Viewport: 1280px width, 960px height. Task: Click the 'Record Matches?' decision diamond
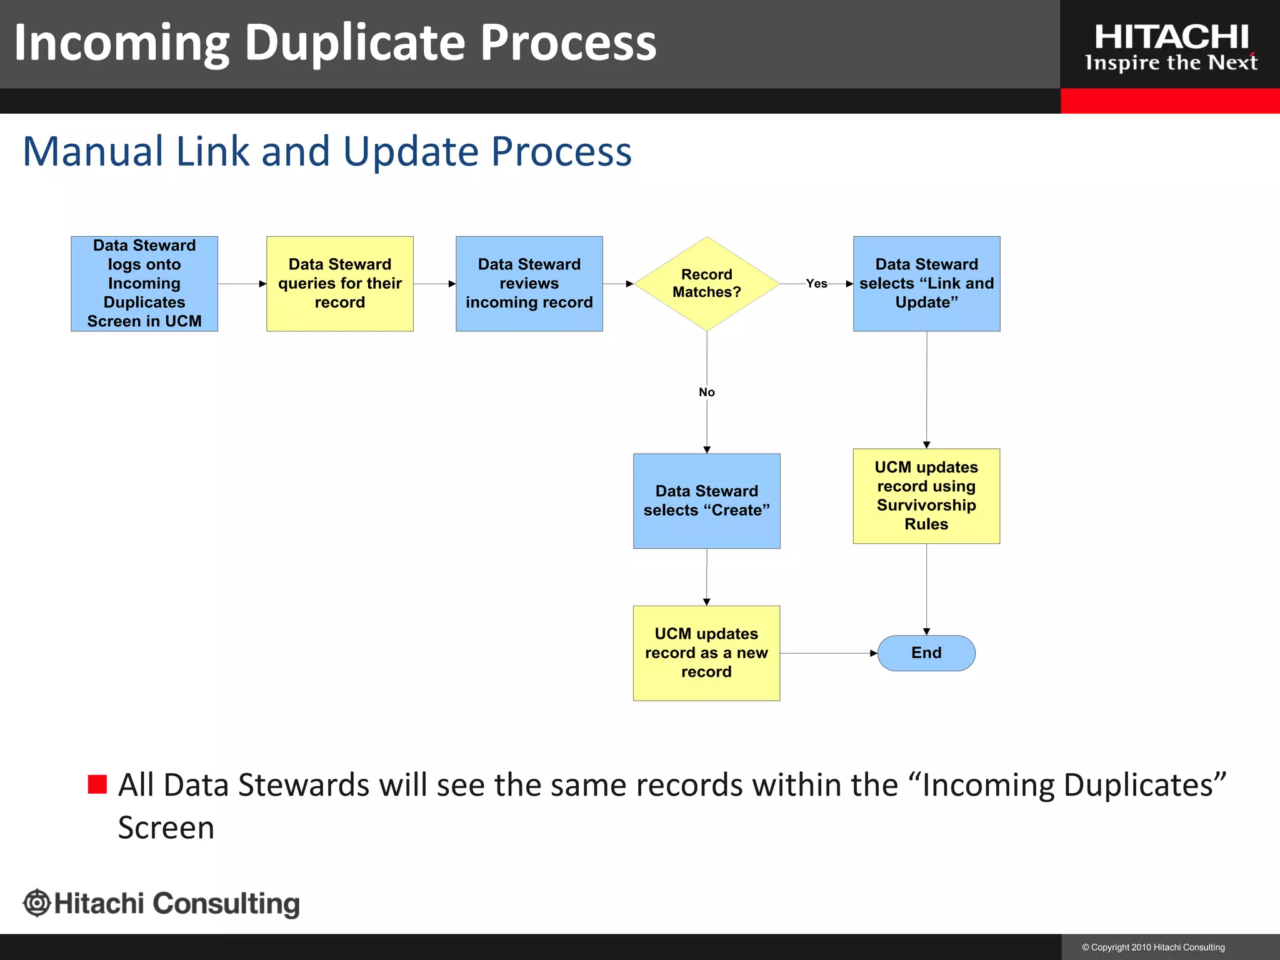point(706,283)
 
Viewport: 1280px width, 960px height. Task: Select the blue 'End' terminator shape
point(926,653)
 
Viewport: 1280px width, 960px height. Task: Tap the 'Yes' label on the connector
point(816,284)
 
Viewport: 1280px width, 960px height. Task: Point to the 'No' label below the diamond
point(706,392)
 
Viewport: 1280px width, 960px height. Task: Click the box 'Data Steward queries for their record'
point(339,283)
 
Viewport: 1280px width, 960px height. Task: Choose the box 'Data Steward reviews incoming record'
point(529,283)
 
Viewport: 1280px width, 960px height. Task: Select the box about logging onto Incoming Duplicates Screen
point(144,283)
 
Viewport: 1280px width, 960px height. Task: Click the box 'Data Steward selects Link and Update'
point(926,283)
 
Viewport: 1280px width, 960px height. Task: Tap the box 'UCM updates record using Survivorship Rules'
point(926,496)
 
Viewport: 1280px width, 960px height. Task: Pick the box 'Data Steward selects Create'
point(706,501)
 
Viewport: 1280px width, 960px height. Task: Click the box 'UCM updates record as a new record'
point(706,652)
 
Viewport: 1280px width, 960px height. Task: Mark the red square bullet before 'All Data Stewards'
point(97,784)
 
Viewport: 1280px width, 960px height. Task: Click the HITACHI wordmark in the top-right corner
point(1171,37)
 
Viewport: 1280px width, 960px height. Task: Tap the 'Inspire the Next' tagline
point(1171,63)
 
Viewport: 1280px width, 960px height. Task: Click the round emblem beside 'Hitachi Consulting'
point(37,903)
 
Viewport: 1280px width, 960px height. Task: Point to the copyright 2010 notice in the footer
point(1153,947)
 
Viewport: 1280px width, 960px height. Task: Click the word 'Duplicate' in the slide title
point(354,42)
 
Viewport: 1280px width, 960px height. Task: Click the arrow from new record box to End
point(828,653)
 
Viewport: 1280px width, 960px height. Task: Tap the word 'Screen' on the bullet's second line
point(166,827)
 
